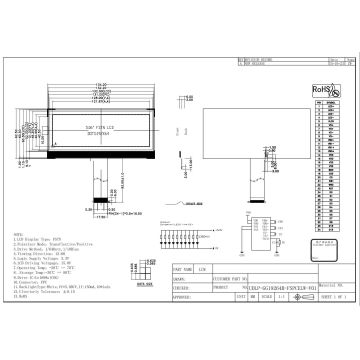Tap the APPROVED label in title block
tap(182, 298)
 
